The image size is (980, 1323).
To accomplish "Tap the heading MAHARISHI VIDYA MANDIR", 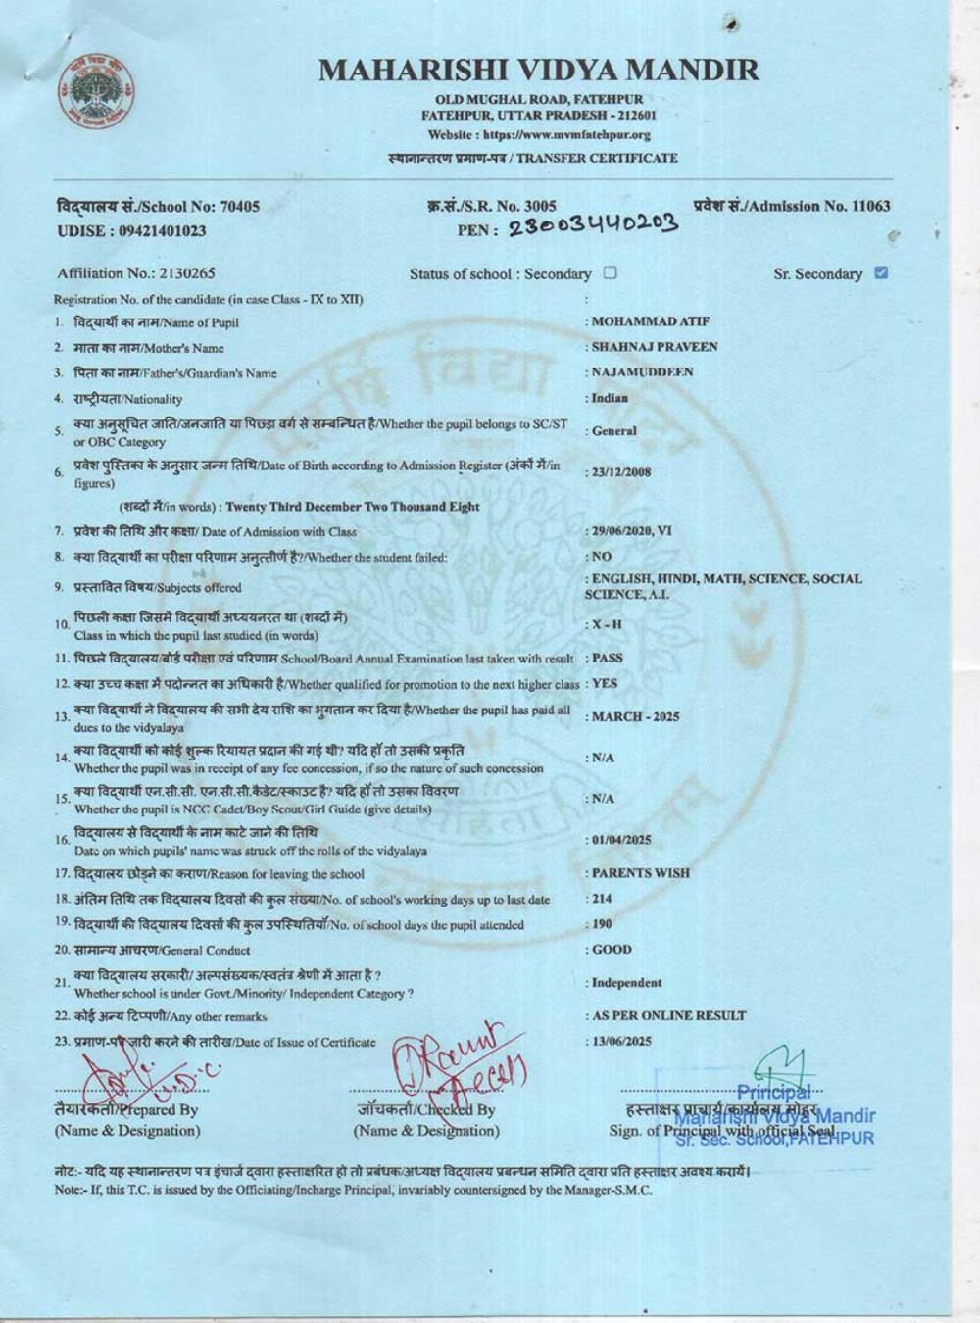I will pos(538,70).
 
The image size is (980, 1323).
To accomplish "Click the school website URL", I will pos(539,135).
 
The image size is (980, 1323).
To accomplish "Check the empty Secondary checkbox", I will pos(610,273).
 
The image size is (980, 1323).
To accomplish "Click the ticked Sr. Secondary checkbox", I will pos(880,273).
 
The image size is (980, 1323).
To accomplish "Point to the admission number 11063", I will pos(866,206).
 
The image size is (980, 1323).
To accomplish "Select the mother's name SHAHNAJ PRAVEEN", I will pos(655,347).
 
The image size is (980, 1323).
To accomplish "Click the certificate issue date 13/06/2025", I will pos(621,1041).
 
